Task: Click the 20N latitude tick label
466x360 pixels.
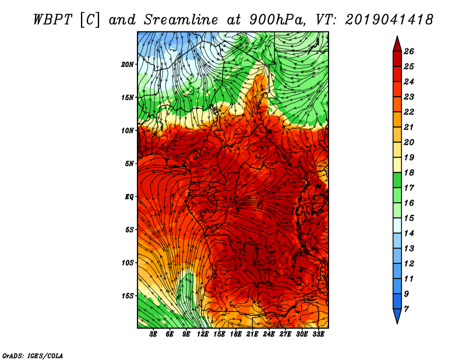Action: tap(128, 65)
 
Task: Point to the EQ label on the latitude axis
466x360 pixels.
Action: tap(129, 197)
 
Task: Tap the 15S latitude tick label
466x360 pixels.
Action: tap(128, 296)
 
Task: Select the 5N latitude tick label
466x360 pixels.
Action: tap(129, 164)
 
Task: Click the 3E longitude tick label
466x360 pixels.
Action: tap(153, 334)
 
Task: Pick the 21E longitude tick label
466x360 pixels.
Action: tap(252, 334)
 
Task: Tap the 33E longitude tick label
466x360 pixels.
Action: tap(318, 334)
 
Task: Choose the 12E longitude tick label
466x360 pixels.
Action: tap(202, 334)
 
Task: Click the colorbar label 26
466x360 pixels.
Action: tap(409, 51)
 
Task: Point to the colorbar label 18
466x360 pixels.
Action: tap(409, 172)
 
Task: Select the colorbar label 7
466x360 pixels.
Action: tap(406, 309)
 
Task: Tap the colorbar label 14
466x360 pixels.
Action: tap(409, 234)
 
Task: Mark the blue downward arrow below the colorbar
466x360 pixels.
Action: tap(397, 316)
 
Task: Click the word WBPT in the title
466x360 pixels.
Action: tap(52, 20)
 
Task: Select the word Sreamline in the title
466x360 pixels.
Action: tap(181, 20)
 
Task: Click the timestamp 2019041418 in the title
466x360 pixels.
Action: tap(389, 20)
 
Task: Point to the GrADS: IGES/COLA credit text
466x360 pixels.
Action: tap(33, 356)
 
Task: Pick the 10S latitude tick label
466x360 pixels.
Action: tap(128, 263)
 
